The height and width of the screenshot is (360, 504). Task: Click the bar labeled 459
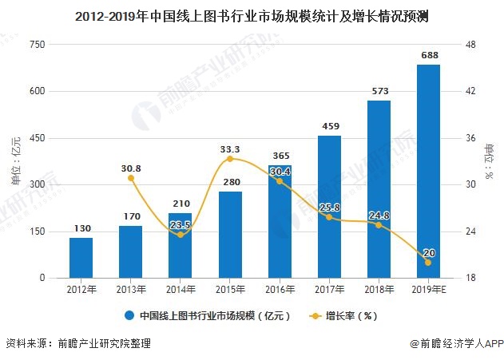pos(329,208)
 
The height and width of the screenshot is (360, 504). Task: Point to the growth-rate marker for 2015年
pos(230,159)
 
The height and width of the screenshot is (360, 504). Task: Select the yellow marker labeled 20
pos(428,263)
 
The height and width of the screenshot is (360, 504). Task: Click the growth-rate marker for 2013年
pos(130,178)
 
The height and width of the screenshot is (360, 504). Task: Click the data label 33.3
pos(230,148)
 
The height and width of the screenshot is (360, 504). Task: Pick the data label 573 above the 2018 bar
pos(379,91)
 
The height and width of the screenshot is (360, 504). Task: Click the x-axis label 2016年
pos(280,289)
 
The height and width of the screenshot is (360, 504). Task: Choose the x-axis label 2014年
pos(181,289)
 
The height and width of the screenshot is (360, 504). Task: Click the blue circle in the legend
pos(129,315)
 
